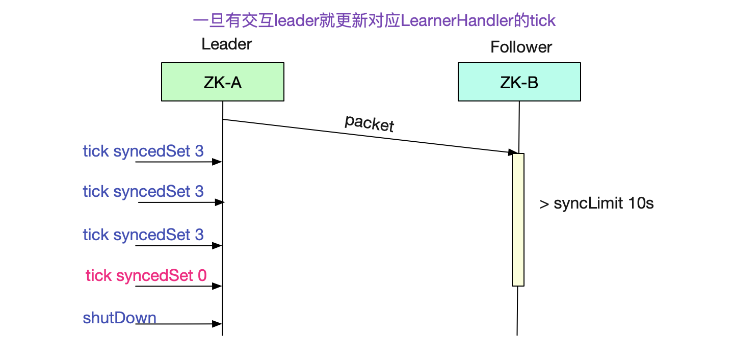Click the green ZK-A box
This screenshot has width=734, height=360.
click(x=222, y=82)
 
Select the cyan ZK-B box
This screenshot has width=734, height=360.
click(x=519, y=82)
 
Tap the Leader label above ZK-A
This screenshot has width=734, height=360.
click(x=226, y=44)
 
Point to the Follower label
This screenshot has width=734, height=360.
click(x=521, y=47)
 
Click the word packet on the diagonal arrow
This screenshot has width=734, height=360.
click(x=370, y=123)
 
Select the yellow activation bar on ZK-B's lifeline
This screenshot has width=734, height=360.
click(x=518, y=219)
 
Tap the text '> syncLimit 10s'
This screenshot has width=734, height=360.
click(x=596, y=203)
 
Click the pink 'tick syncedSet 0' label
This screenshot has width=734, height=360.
click(x=146, y=275)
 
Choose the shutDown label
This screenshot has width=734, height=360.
click(x=119, y=318)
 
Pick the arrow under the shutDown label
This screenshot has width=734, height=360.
click(x=178, y=324)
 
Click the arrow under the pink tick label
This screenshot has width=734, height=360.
click(x=178, y=286)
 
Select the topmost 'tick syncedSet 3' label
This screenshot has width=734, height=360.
click(x=143, y=151)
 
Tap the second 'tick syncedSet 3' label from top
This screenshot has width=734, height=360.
click(x=143, y=191)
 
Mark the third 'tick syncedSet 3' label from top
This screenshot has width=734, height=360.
click(x=143, y=235)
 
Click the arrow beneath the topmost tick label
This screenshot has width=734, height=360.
click(x=178, y=162)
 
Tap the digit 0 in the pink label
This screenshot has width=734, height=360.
click(x=202, y=275)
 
